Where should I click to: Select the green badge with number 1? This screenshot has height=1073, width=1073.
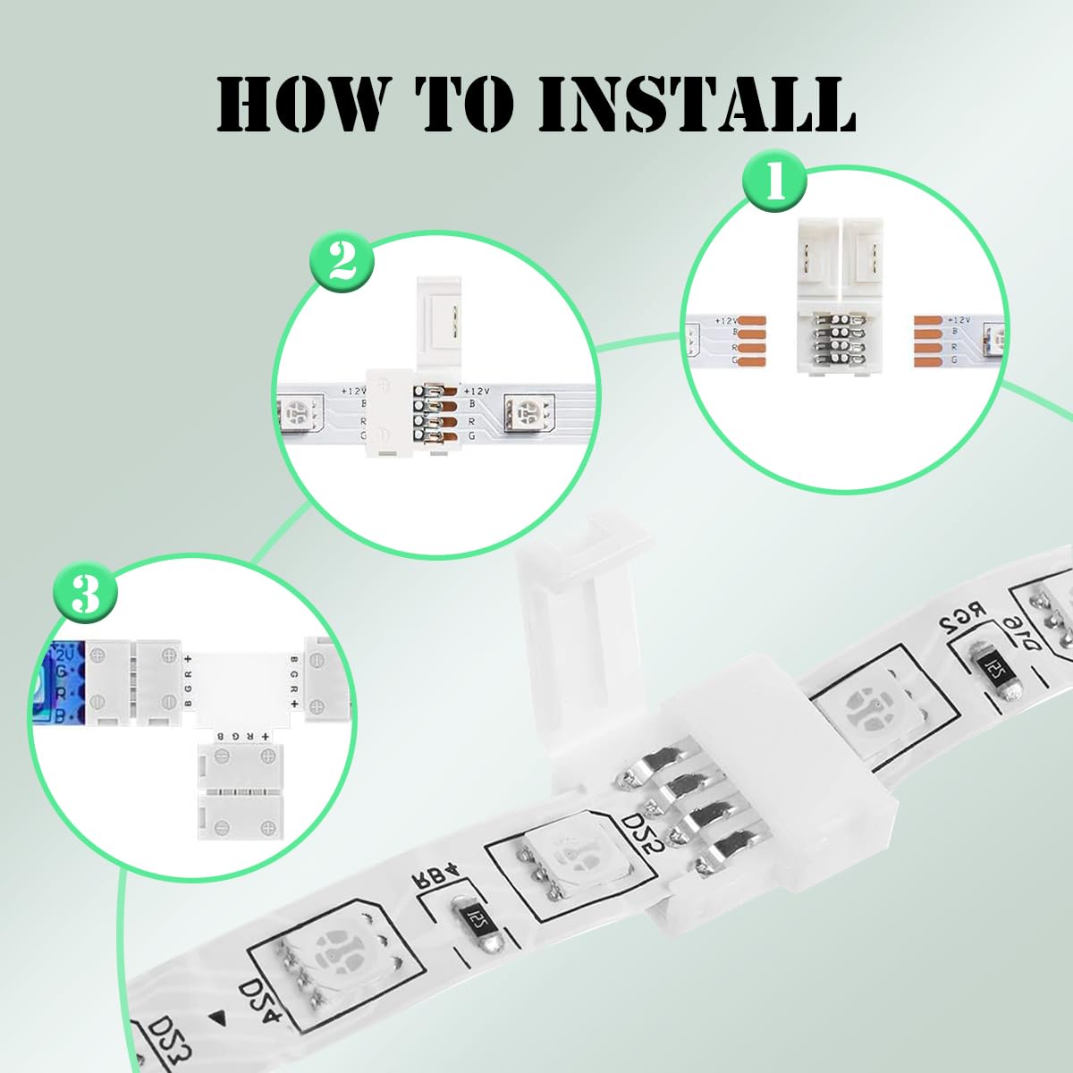[x=774, y=183]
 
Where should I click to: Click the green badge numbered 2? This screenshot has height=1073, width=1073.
[x=341, y=265]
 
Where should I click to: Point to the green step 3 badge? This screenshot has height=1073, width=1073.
[x=85, y=594]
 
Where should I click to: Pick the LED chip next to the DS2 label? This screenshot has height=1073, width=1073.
[x=572, y=863]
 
